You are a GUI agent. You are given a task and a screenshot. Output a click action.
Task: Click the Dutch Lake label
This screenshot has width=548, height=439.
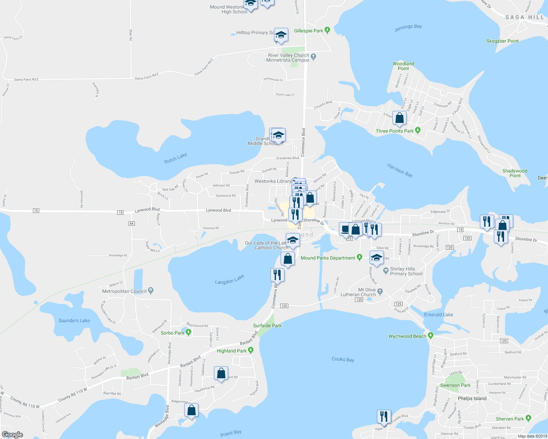[x=175, y=158]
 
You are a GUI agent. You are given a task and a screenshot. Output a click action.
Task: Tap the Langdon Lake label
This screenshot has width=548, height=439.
[x=229, y=279]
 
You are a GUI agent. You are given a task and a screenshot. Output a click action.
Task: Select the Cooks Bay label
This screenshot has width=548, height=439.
[x=343, y=359]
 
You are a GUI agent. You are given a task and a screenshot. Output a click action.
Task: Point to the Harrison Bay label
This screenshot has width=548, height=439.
[x=400, y=170]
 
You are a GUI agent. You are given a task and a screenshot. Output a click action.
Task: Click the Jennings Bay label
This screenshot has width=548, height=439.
[x=408, y=28]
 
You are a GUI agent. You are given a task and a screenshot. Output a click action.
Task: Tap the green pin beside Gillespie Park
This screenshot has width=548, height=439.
[x=327, y=30]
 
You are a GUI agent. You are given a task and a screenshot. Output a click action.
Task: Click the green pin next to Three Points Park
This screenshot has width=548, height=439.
[x=418, y=130]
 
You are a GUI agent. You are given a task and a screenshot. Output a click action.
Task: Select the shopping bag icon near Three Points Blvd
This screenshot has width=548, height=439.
[x=400, y=118]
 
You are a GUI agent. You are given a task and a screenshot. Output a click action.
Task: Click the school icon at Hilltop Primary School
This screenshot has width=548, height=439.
[x=281, y=35]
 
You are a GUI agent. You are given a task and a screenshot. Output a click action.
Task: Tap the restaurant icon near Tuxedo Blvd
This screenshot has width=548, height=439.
[x=384, y=416]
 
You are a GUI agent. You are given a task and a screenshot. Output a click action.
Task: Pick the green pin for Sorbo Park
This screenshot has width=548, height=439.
[x=188, y=332]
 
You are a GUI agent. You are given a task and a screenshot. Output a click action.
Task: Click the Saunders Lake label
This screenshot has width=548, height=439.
[x=74, y=320]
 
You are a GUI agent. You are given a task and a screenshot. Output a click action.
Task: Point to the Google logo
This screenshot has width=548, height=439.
[x=12, y=434]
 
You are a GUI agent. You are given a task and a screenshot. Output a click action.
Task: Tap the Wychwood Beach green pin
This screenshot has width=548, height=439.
[x=431, y=335]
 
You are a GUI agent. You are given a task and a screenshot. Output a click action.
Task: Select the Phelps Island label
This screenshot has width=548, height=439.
[x=472, y=398]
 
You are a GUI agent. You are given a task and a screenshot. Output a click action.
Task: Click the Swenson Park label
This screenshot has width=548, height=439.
[x=455, y=385]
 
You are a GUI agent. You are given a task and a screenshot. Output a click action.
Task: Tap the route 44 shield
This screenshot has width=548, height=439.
[x=132, y=223]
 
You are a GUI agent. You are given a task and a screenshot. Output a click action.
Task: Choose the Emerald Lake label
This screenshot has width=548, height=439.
[x=438, y=315]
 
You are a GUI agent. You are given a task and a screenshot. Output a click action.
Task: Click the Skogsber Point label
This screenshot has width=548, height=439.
[x=502, y=41]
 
